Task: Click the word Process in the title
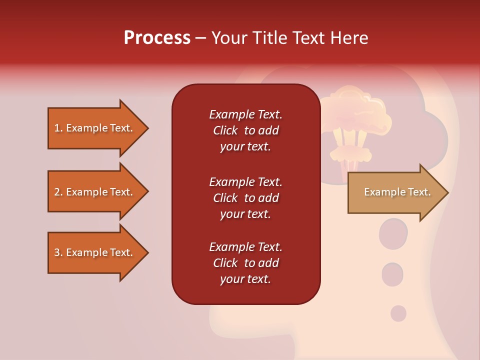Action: (x=157, y=38)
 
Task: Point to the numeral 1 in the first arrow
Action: (x=57, y=128)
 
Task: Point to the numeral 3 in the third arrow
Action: (x=57, y=253)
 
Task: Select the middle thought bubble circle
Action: (x=392, y=274)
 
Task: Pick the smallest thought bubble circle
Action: (x=398, y=313)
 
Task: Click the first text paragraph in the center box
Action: (x=245, y=130)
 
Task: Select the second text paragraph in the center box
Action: (x=245, y=198)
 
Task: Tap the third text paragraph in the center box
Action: (x=245, y=263)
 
